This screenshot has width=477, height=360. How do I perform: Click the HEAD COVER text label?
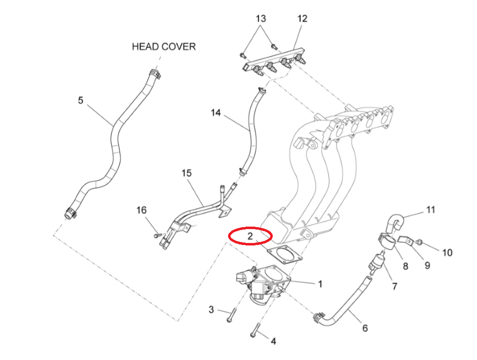pyautogui.click(x=164, y=47)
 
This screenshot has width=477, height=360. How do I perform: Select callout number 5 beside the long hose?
pyautogui.click(x=81, y=101)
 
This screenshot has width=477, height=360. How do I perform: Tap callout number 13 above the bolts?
pyautogui.click(x=261, y=19)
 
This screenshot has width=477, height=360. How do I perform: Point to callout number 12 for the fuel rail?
pyautogui.click(x=302, y=19)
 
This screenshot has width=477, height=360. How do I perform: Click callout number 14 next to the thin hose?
pyautogui.click(x=215, y=113)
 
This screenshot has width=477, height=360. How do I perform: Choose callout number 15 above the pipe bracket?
pyautogui.click(x=186, y=174)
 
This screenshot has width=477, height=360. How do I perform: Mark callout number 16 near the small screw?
pyautogui.click(x=142, y=211)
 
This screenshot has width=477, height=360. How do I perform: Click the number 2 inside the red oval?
pyautogui.click(x=250, y=236)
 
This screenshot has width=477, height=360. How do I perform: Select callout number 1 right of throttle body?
pyautogui.click(x=320, y=284)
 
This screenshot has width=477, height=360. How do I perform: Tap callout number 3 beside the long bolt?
pyautogui.click(x=211, y=310)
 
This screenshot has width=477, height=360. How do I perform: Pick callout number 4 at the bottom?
pyautogui.click(x=273, y=341)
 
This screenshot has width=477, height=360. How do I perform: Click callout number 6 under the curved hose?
pyautogui.click(x=365, y=328)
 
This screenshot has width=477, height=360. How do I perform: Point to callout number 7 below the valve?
pyautogui.click(x=395, y=287)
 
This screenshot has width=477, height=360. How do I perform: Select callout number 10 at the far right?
pyautogui.click(x=447, y=253)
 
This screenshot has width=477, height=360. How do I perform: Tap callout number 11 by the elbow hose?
pyautogui.click(x=430, y=210)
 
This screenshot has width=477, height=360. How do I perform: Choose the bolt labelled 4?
pyautogui.click(x=255, y=330)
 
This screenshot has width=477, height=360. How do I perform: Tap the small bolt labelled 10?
pyautogui.click(x=419, y=242)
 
